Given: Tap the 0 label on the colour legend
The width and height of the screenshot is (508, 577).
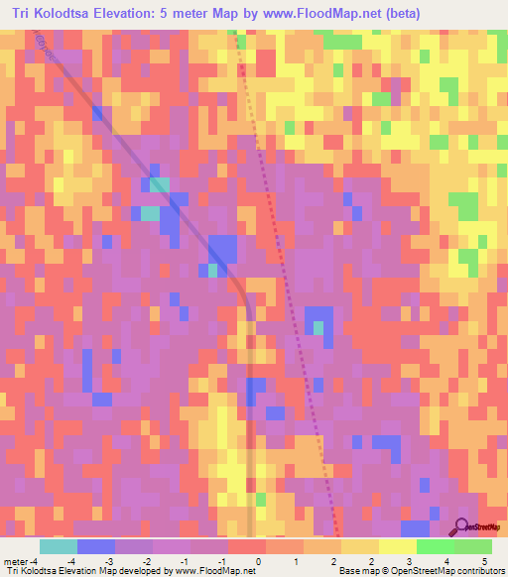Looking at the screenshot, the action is coord(258,560).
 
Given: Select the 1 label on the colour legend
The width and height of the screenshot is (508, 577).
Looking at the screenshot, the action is coord(296,560).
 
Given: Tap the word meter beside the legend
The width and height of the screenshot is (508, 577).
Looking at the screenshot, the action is coord(16,560).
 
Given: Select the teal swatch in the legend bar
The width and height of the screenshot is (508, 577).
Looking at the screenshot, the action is coord(59,546).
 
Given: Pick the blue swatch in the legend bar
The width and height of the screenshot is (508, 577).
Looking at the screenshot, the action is coord(96,546).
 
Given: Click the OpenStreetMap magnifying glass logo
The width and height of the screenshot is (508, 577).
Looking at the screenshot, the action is coord(462,527).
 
